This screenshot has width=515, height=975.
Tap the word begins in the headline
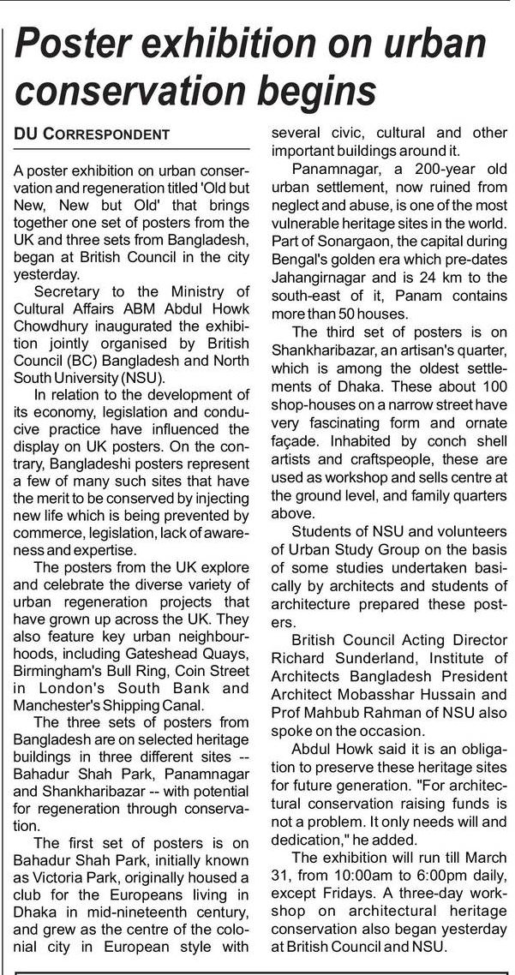[x=318, y=92]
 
